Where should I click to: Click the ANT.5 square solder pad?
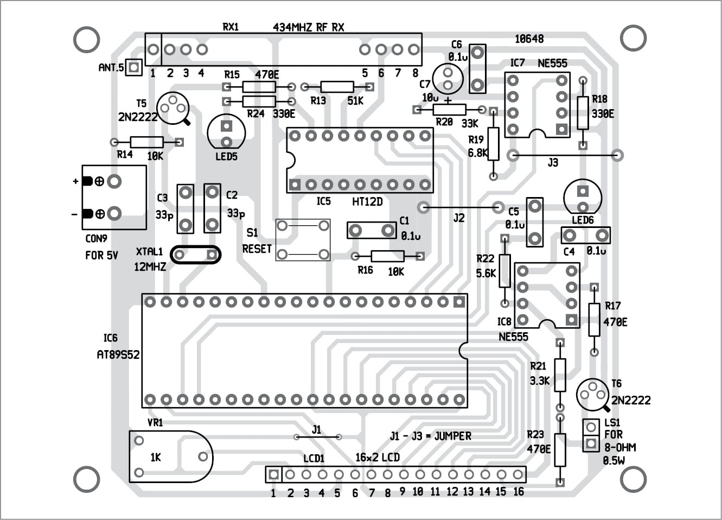(x=135, y=67)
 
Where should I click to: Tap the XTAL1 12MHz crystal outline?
(x=196, y=255)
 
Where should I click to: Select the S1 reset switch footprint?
(x=303, y=240)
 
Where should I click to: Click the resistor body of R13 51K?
(x=337, y=86)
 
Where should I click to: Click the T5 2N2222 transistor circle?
(x=172, y=107)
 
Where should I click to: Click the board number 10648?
(x=529, y=39)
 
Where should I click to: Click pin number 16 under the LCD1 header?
(x=518, y=491)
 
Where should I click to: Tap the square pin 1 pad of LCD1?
(x=274, y=474)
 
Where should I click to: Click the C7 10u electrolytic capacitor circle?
(x=448, y=78)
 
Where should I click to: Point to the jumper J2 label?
(x=459, y=218)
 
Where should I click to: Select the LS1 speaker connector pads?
(x=590, y=435)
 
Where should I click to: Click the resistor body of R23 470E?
(x=560, y=449)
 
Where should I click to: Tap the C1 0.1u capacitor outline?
(x=372, y=230)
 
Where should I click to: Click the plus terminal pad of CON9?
(x=114, y=181)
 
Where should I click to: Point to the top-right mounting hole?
(x=633, y=38)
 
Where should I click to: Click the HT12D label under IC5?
(x=367, y=201)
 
